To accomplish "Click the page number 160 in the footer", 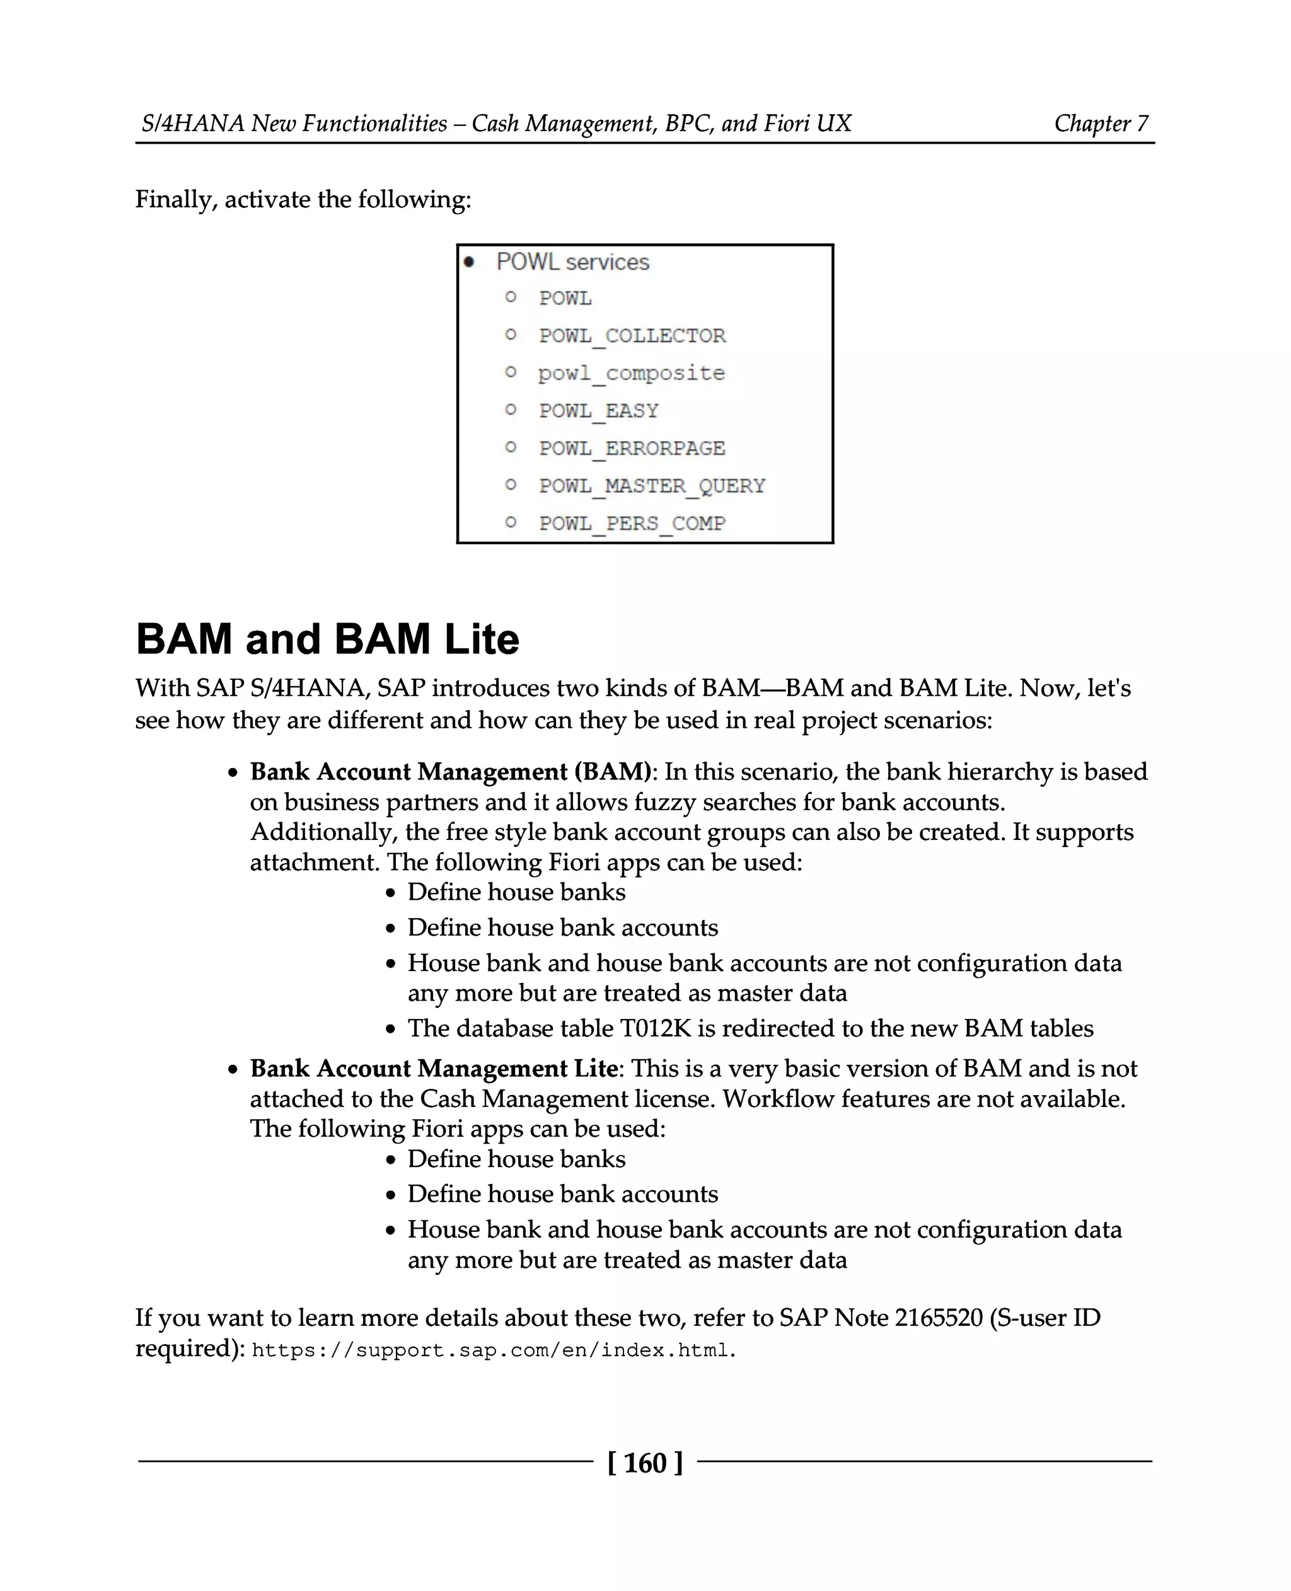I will pyautogui.click(x=645, y=1463).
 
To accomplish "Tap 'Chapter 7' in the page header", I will pyautogui.click(x=1101, y=123).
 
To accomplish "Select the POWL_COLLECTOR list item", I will pyautogui.click(x=632, y=336).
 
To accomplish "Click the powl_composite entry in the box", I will pyautogui.click(x=632, y=373).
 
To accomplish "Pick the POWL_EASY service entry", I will pyautogui.click(x=599, y=411).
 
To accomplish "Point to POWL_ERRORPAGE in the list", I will pyautogui.click(x=632, y=448).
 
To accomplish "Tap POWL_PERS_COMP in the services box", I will pyautogui.click(x=632, y=524).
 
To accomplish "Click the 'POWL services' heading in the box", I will pyautogui.click(x=572, y=263).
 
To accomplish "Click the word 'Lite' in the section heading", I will pyautogui.click(x=481, y=640).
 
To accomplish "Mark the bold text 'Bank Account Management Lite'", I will pyautogui.click(x=434, y=1069).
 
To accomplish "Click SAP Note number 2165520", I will pyautogui.click(x=939, y=1318).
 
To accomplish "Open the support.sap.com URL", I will pyautogui.click(x=493, y=1350).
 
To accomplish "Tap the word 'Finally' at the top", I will pyautogui.click(x=175, y=200).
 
